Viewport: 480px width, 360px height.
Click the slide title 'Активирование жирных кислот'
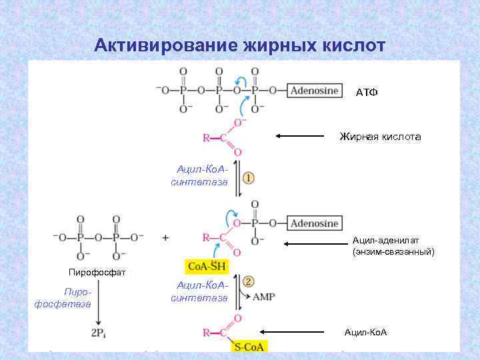[x=240, y=45]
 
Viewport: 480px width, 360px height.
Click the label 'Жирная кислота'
[x=380, y=137]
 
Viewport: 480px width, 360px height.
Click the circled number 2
[x=247, y=282]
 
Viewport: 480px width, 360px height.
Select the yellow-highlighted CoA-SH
[x=207, y=267]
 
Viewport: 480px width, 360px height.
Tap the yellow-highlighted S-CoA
[x=249, y=347]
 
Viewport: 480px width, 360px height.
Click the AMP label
[x=265, y=297]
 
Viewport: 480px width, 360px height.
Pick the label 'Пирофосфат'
[x=97, y=272]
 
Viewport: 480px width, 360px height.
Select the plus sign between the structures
[x=165, y=237]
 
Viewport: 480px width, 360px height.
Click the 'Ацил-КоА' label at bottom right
[x=366, y=332]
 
